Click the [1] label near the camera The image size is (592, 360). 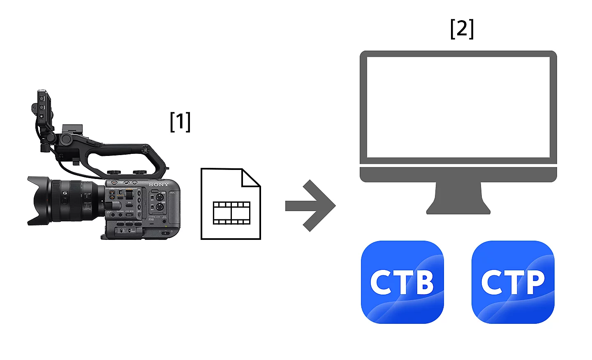[180, 122]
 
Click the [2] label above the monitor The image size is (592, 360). [462, 28]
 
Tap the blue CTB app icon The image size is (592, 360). [402, 282]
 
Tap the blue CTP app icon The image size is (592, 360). [513, 282]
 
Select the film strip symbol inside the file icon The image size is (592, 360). [231, 213]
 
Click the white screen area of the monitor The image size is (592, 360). [458, 107]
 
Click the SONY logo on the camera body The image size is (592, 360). [159, 185]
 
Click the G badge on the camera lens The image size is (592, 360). [65, 193]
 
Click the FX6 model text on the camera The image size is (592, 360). [151, 219]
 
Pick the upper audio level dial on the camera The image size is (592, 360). [160, 197]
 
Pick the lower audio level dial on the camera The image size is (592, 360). [160, 207]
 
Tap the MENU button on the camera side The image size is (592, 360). [129, 215]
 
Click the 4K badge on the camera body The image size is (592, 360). [172, 193]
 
